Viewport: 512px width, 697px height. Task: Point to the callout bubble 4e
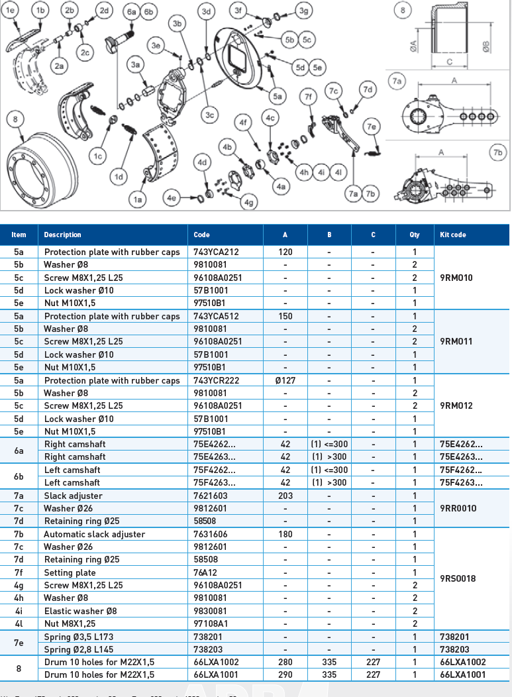click(x=172, y=197)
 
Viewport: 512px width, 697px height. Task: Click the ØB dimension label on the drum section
click(x=486, y=48)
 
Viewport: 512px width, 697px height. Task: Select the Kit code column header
click(x=453, y=235)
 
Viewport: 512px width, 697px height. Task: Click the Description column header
click(x=62, y=235)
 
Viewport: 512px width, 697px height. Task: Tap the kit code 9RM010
click(x=456, y=278)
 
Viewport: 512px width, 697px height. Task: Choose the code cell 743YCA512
click(x=216, y=316)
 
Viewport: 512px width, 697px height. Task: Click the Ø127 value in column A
click(x=285, y=380)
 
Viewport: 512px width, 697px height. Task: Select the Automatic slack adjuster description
click(x=94, y=534)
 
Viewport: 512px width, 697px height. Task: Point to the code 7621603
click(x=209, y=496)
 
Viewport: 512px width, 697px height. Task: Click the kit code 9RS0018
click(x=458, y=578)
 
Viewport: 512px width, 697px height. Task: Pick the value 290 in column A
click(x=285, y=674)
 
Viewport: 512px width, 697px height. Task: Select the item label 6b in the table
click(x=19, y=476)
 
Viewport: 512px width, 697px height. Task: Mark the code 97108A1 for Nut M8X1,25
click(x=211, y=623)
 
